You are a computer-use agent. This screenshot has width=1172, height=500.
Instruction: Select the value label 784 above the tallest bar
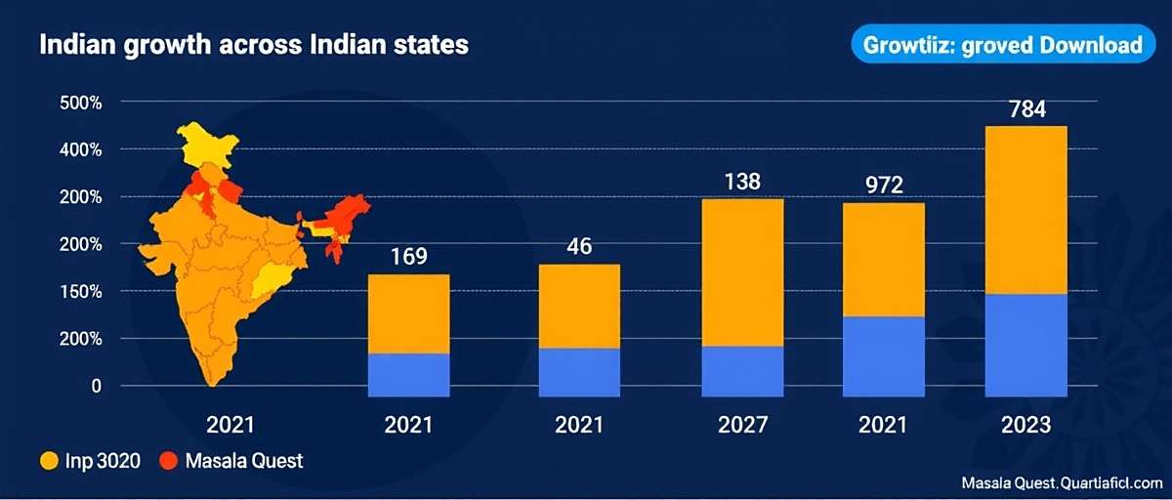[1025, 109]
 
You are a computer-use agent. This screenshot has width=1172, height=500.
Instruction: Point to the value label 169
[408, 257]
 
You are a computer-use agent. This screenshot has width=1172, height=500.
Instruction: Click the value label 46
[579, 246]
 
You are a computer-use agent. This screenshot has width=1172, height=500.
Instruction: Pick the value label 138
[742, 182]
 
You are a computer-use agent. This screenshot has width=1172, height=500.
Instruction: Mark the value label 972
[883, 186]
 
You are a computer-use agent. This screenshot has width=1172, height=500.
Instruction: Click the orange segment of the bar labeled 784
[1025, 210]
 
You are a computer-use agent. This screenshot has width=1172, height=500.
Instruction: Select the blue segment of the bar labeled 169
[408, 375]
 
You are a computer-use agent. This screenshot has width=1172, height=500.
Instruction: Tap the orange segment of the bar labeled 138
[742, 272]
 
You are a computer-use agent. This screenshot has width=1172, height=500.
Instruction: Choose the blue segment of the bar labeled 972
[883, 356]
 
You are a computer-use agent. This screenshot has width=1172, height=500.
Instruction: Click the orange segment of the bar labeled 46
[579, 306]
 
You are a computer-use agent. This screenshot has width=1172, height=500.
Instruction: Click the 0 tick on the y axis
[96, 387]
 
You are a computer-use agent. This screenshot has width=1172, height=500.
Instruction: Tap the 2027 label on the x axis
[742, 426]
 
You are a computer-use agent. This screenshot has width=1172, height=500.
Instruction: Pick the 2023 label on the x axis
[1025, 426]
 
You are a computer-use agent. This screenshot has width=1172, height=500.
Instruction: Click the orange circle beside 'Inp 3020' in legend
[48, 461]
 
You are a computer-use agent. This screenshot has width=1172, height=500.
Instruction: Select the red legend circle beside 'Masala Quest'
[167, 461]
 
